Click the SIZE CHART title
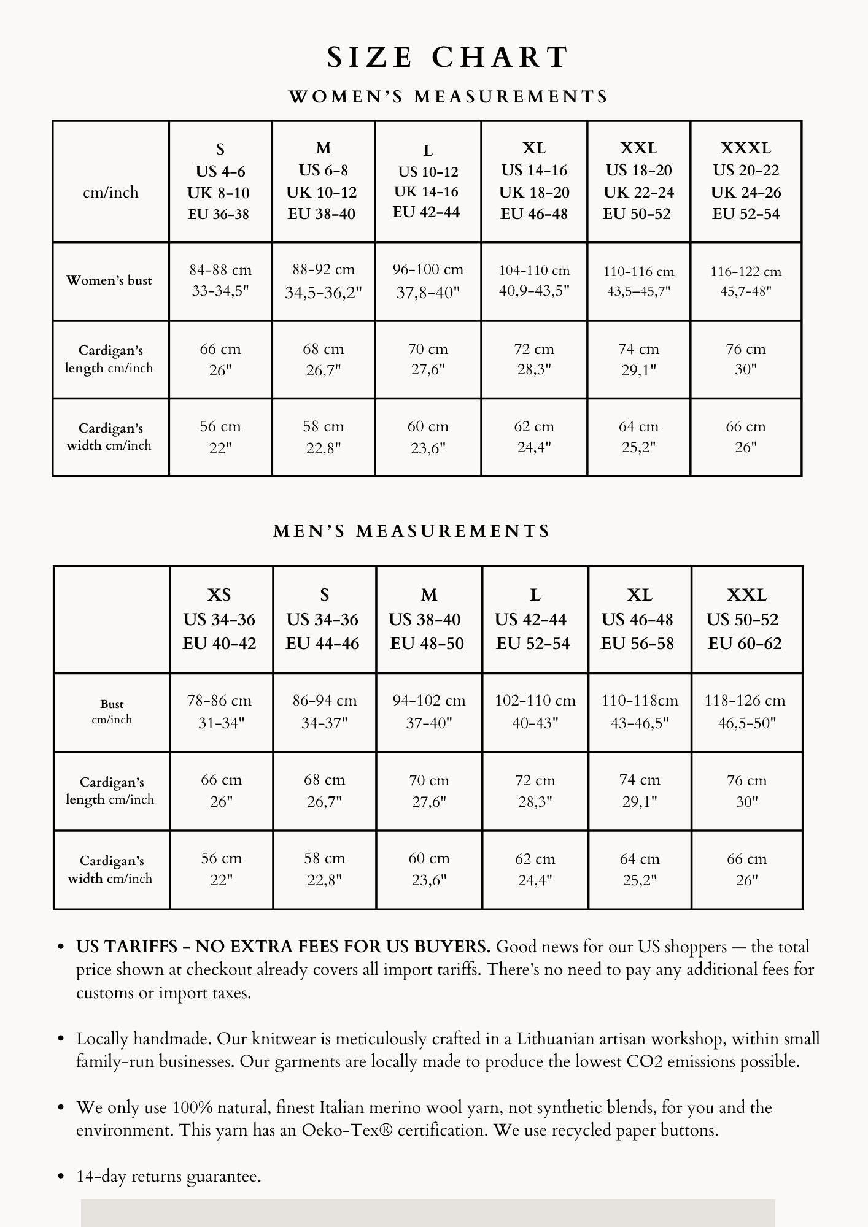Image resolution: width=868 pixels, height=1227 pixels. tap(448, 57)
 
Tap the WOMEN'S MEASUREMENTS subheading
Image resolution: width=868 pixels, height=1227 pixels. tap(448, 97)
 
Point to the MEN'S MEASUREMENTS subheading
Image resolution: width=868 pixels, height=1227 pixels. tap(412, 531)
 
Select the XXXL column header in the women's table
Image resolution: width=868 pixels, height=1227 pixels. tap(746, 181)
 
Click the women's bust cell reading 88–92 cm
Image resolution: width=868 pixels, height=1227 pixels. tap(324, 281)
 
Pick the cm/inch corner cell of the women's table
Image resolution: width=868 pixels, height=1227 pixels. tap(110, 193)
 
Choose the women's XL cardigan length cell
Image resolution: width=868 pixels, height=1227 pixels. tap(534, 359)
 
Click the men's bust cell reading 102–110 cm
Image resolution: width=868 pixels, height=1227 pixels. tap(535, 712)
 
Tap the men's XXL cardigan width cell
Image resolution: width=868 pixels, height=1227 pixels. tap(746, 869)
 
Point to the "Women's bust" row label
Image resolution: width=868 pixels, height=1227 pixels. tap(109, 281)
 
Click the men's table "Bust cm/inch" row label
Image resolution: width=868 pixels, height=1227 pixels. tap(112, 712)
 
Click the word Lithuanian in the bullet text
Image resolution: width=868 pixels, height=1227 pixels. tap(556, 1039)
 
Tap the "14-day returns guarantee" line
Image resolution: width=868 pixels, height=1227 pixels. tap(169, 1176)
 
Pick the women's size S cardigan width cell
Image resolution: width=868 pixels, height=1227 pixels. tap(220, 437)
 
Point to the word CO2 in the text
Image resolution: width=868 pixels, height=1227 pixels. tap(645, 1061)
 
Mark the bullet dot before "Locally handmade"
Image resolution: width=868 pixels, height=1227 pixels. tap(61, 1039)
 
